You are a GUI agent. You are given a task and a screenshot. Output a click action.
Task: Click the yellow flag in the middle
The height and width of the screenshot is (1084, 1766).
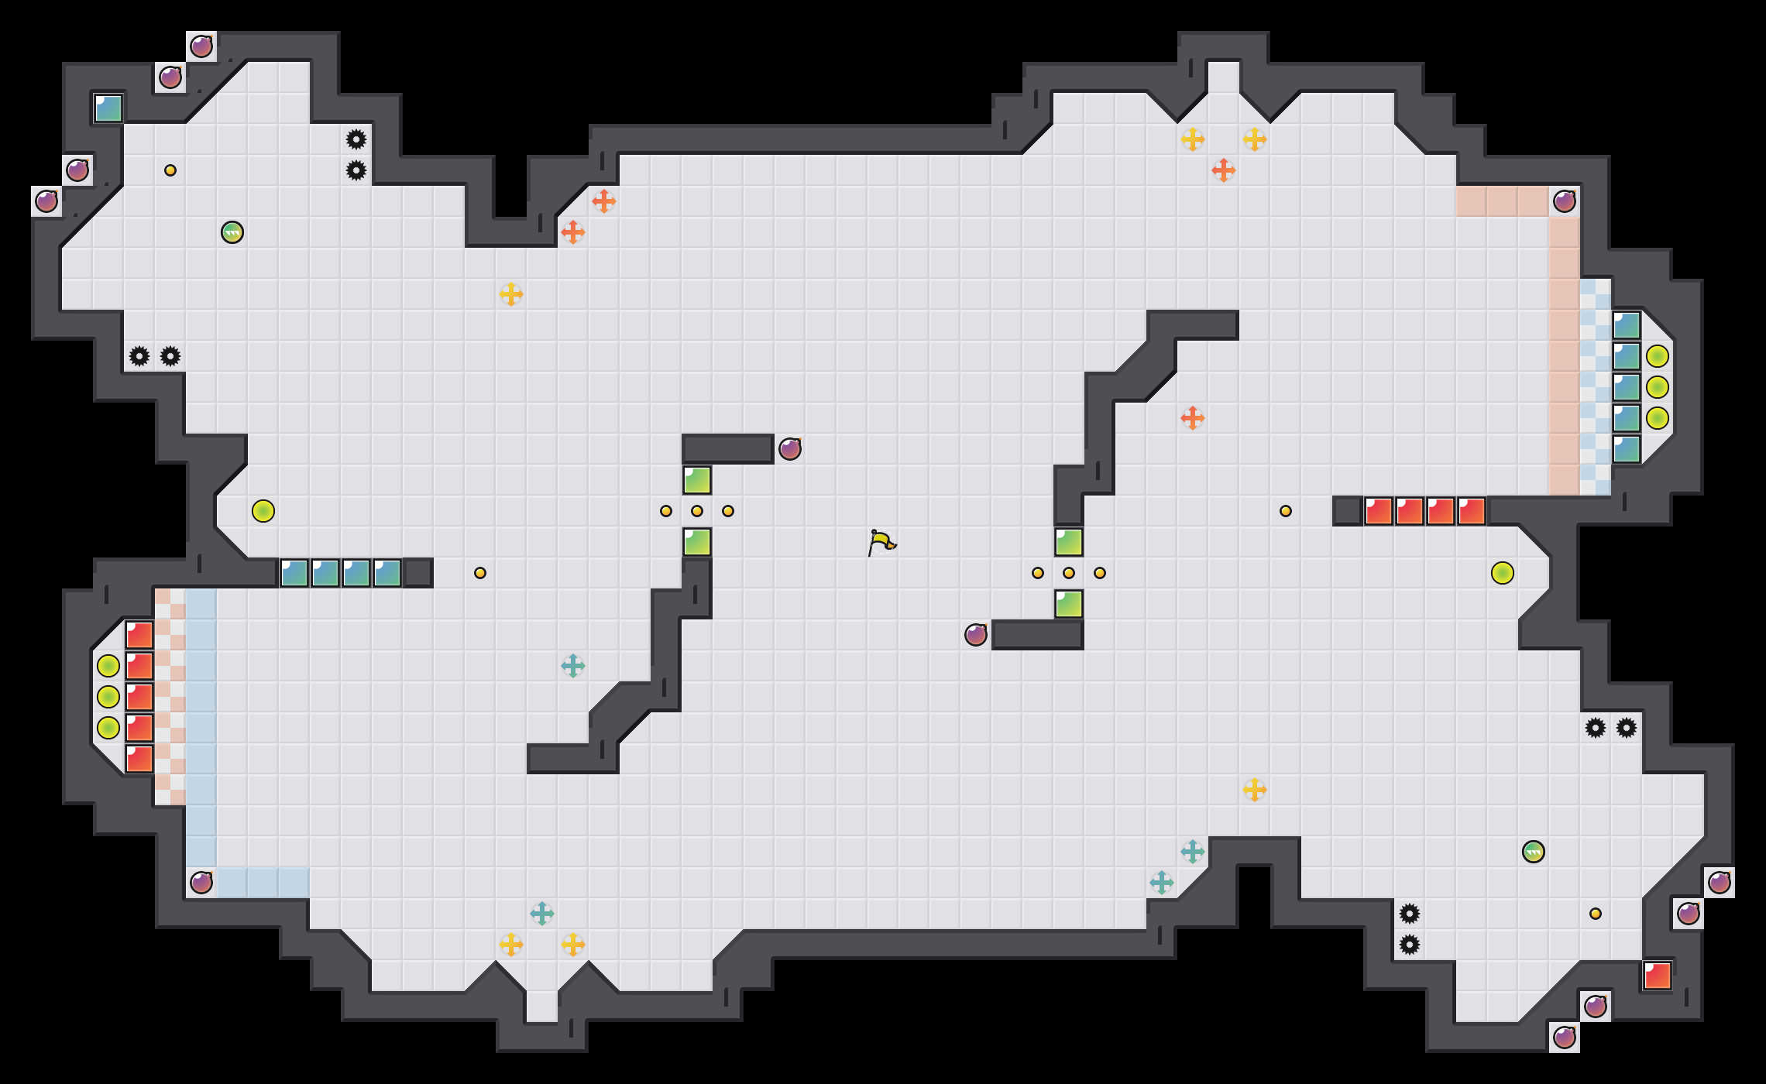(881, 541)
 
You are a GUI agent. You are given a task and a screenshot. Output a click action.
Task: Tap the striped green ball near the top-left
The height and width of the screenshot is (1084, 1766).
(232, 232)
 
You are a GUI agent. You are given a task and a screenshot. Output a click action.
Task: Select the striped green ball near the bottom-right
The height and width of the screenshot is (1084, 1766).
(1534, 852)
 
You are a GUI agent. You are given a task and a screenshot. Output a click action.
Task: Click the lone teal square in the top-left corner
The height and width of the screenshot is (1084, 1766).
(108, 108)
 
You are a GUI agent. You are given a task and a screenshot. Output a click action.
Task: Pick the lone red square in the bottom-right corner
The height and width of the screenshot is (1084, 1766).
(1658, 976)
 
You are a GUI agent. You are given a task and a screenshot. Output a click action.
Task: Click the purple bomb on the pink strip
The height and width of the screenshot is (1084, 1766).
(1565, 201)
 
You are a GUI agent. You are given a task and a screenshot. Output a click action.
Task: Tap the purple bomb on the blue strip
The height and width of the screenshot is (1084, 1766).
(201, 883)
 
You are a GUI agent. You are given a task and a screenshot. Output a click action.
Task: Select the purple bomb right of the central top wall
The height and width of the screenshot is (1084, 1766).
(790, 449)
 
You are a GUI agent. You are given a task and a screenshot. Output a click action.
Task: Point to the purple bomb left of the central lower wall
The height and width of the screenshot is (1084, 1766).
(976, 635)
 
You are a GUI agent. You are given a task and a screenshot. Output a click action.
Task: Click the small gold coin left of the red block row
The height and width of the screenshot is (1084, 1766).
(1286, 511)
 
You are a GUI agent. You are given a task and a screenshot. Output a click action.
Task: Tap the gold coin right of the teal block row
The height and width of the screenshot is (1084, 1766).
(480, 573)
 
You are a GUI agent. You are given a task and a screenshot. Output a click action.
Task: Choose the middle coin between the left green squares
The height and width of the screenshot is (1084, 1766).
(697, 511)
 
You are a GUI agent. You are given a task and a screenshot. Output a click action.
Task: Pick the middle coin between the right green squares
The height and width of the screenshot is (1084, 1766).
(1069, 573)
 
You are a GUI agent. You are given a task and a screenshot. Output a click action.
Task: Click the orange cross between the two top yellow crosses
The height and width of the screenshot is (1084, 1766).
(1224, 170)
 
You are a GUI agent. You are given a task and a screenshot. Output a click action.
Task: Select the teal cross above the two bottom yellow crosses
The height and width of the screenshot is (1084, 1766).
(542, 914)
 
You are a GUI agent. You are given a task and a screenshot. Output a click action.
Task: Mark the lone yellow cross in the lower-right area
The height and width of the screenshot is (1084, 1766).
(1255, 790)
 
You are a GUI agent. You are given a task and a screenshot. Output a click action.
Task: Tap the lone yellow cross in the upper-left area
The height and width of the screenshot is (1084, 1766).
(511, 294)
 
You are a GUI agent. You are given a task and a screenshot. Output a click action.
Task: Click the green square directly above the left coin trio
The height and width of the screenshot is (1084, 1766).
(697, 480)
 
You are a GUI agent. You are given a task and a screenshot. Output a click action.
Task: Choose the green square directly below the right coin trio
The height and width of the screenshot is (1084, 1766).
(1069, 604)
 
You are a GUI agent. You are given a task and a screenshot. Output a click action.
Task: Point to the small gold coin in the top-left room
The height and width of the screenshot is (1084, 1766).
(170, 170)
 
